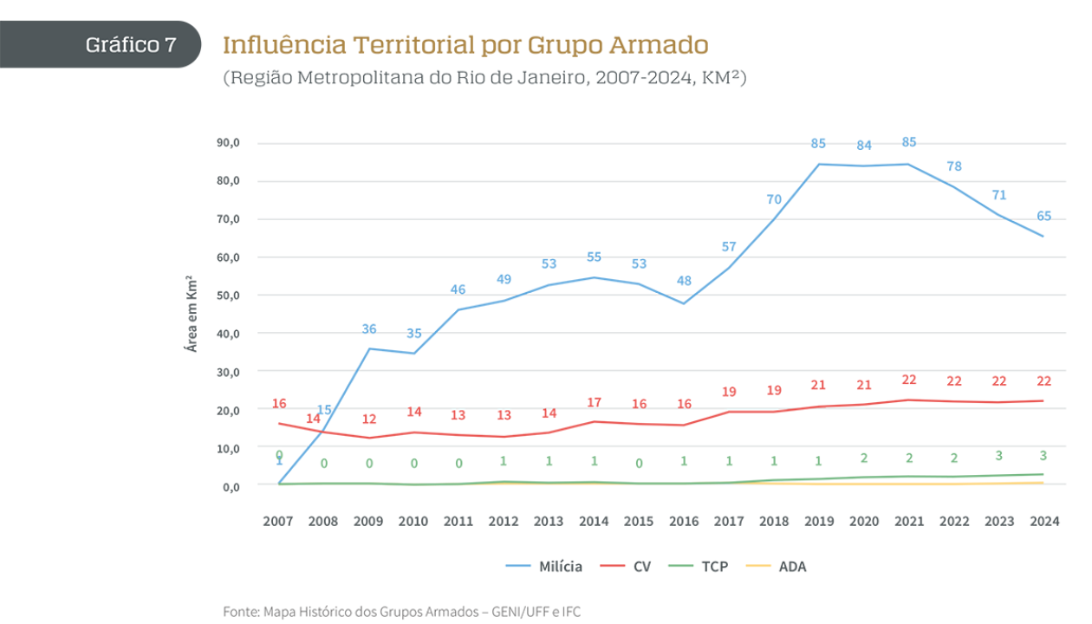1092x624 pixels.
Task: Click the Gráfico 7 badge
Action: point(130,45)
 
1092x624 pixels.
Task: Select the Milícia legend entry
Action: point(544,567)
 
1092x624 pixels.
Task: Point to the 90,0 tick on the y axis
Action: point(228,143)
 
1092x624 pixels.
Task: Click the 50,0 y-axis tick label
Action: point(228,296)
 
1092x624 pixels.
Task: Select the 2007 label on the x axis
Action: point(279,522)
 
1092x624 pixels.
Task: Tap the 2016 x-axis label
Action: point(684,522)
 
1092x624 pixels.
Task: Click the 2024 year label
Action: point(1043,522)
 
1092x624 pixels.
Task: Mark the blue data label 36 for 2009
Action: point(369,329)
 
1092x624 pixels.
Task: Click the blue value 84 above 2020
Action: point(864,146)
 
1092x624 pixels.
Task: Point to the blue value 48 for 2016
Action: point(684,281)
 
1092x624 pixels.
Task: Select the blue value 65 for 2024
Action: point(1044,217)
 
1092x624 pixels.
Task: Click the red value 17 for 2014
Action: point(594,403)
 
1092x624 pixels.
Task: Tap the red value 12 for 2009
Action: point(369,419)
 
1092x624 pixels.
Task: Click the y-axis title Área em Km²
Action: point(192,314)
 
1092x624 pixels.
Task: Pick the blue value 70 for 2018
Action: point(774,199)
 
